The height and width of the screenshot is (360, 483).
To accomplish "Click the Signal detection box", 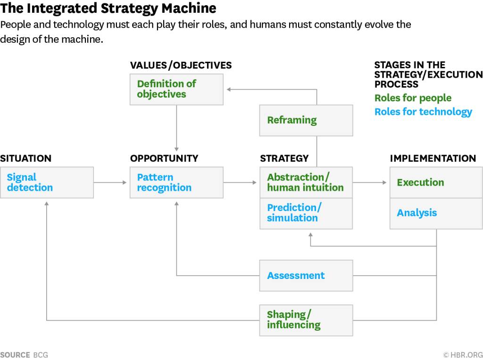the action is [x=47, y=182].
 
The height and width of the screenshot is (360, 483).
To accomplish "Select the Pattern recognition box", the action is [x=176, y=182].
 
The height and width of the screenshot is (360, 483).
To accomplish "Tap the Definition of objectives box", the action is [x=176, y=90].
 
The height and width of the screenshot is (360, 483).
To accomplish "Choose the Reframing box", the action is [x=306, y=120].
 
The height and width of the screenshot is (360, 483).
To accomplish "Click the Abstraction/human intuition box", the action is [x=306, y=182].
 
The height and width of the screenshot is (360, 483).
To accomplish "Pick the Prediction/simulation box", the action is [x=306, y=213].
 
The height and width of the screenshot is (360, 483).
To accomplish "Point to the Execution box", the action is [x=436, y=182].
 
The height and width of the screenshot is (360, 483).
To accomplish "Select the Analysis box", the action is [x=436, y=213].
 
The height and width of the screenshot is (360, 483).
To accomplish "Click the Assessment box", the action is [x=306, y=275].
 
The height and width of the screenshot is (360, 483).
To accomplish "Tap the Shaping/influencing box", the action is [x=306, y=320].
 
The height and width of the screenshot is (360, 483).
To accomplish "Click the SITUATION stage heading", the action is [x=25, y=158].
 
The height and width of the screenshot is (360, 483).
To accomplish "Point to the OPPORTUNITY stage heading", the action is [x=164, y=158].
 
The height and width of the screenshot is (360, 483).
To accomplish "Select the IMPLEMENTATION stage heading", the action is [x=433, y=158].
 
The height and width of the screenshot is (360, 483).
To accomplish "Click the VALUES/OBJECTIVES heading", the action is [x=181, y=65].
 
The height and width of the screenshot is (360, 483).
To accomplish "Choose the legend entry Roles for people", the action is [x=413, y=98].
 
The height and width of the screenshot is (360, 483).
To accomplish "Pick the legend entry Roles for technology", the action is [x=423, y=112].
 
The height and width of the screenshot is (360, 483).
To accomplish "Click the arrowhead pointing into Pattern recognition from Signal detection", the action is [x=125, y=182].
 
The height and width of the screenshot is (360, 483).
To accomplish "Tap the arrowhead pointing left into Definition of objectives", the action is [x=229, y=90].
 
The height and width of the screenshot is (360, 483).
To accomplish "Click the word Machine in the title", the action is [x=189, y=8].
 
